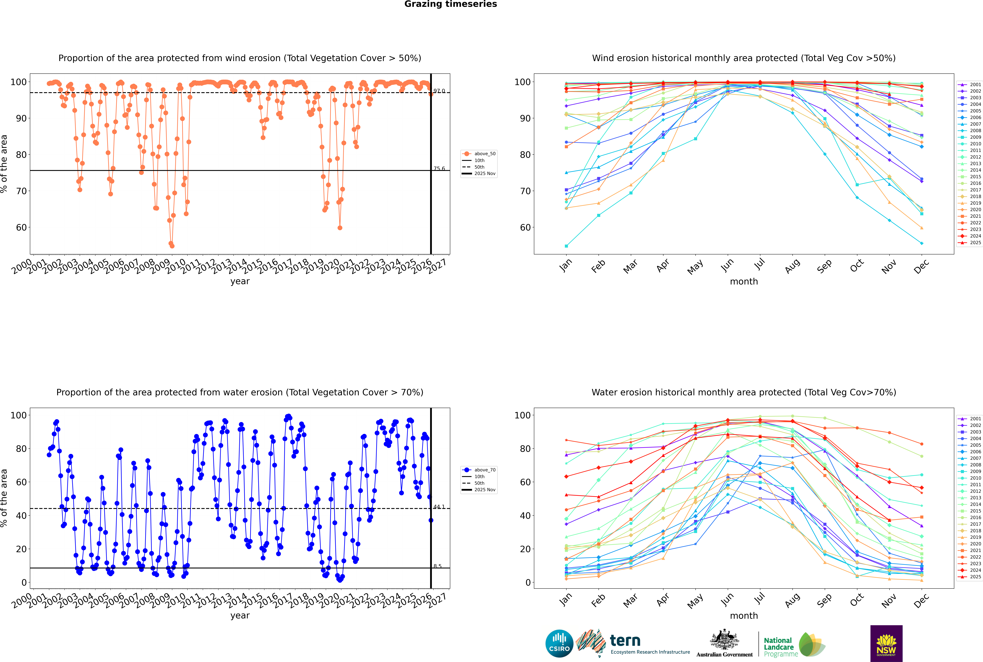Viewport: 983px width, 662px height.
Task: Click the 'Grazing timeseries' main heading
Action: (451, 4)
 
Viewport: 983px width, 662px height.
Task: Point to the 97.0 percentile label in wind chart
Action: (439, 91)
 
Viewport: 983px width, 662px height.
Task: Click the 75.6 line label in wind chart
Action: (439, 168)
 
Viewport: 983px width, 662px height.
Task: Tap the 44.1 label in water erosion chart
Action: (439, 507)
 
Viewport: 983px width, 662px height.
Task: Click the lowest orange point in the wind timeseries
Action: (172, 246)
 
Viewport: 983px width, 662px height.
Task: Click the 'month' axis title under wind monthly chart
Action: (744, 282)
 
